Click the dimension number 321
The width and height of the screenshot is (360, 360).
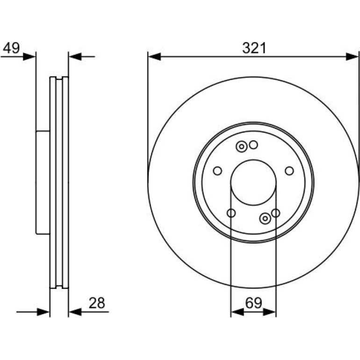click(x=254, y=48)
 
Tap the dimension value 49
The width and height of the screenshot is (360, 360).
click(x=12, y=48)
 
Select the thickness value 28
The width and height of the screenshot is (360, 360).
click(x=97, y=303)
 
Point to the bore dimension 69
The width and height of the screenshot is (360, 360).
click(x=253, y=303)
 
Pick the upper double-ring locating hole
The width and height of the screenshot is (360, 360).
click(x=242, y=146)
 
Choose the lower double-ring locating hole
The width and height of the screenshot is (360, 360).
click(x=265, y=218)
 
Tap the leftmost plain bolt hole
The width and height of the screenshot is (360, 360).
click(x=217, y=171)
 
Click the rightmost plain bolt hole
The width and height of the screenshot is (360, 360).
click(x=289, y=171)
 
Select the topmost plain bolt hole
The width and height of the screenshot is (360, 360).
click(x=253, y=145)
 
